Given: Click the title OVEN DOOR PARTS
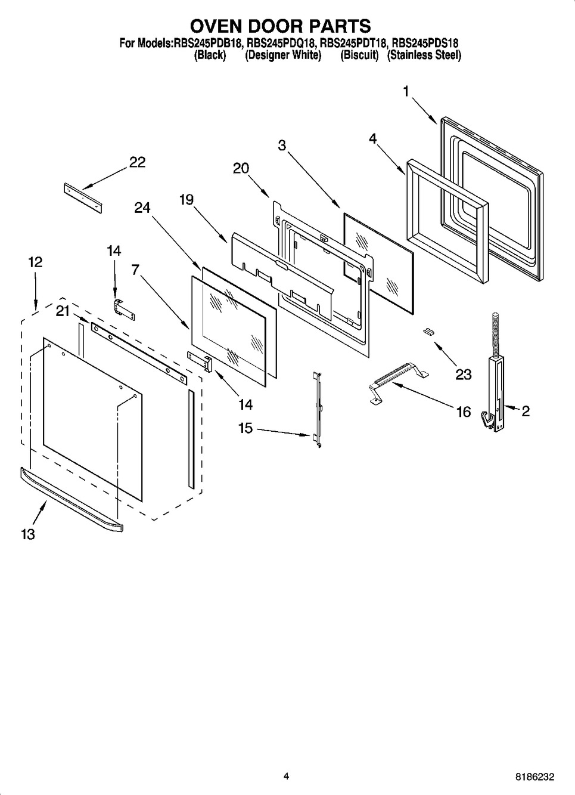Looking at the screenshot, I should click(280, 26).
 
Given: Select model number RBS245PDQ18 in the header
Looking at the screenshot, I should click(281, 44).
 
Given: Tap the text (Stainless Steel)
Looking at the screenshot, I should click(424, 55).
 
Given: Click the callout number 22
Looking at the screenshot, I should click(137, 163).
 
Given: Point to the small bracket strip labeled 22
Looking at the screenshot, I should click(83, 197).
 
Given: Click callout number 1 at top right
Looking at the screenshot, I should click(406, 91).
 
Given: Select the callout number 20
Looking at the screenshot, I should click(241, 169).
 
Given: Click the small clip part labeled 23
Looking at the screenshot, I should click(427, 332).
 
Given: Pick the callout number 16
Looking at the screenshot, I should click(463, 412).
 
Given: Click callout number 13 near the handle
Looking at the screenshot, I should click(27, 534).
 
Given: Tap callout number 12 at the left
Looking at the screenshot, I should click(35, 262).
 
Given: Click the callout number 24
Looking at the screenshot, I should click(142, 208).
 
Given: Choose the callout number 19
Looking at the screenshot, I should click(186, 200).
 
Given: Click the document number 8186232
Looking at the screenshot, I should click(534, 777).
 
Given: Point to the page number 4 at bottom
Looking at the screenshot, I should click(286, 777).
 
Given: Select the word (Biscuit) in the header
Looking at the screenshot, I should click(359, 55).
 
